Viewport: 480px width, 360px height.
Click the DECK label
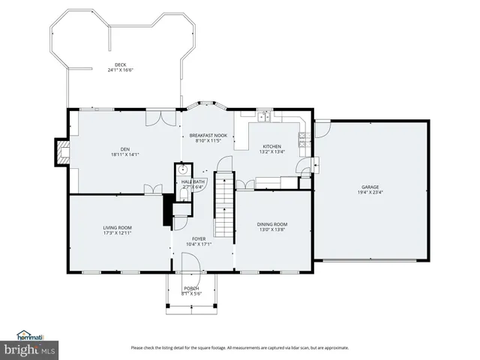120,65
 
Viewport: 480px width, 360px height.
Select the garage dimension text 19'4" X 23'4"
370,192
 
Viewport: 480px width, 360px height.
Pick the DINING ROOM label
271,224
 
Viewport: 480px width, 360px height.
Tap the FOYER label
199,238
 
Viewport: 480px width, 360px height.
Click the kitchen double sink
264,116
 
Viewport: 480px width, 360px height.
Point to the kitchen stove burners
302,137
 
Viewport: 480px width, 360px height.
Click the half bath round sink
180,169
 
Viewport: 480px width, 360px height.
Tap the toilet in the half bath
183,194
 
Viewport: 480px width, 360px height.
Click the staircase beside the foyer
223,202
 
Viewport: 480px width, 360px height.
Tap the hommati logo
30,335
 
